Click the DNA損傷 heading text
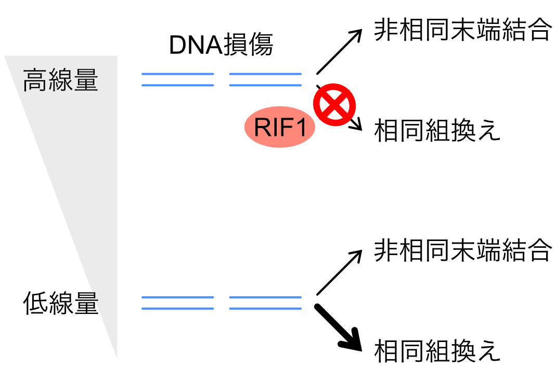coord(221,46)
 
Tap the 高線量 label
coord(60,81)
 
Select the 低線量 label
coord(60,303)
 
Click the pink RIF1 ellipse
coord(280,128)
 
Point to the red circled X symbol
coord(334,106)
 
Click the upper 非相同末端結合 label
coord(462,31)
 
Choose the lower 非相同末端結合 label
coord(462,251)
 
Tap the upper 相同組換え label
coord(437,131)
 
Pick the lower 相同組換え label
coord(437,351)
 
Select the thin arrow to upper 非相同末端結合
coord(339,52)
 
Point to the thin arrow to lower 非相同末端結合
coord(339,272)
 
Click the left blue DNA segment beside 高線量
coord(177,79)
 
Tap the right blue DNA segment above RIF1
coord(265,79)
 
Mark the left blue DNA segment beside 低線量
coord(177,303)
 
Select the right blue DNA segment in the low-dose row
coord(265,303)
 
